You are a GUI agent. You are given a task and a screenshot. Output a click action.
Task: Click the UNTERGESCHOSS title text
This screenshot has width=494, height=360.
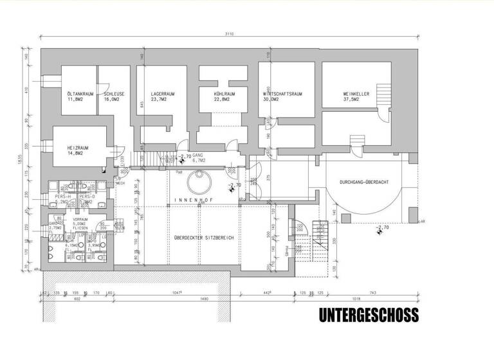point(369,315)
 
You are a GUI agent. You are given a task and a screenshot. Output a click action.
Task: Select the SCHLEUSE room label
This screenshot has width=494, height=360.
point(114,94)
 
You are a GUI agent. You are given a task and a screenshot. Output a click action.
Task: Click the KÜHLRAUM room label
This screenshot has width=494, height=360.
point(224,94)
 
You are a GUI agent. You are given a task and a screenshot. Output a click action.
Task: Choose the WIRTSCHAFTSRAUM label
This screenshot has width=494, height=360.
point(282,94)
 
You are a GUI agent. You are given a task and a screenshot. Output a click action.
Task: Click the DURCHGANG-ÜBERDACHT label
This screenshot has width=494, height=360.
point(365,183)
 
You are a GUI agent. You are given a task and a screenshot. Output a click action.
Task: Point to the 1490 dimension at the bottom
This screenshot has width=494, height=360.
point(204,298)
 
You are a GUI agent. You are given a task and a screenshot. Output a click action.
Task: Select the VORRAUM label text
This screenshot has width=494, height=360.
point(80,219)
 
